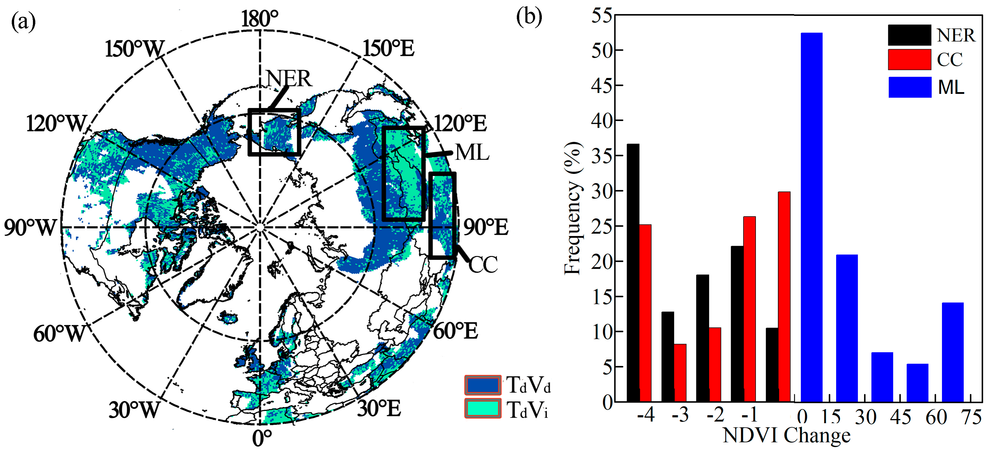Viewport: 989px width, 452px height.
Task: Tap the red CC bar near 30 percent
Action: pyautogui.click(x=784, y=296)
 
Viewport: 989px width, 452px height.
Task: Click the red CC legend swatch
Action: pyautogui.click(x=909, y=59)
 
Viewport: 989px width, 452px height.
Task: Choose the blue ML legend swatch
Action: pyautogui.click(x=910, y=87)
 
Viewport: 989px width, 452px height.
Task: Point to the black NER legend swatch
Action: pyautogui.click(x=909, y=35)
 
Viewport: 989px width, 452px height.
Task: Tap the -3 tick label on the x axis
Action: pyautogui.click(x=680, y=415)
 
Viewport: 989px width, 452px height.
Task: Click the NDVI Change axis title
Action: pyautogui.click(x=786, y=436)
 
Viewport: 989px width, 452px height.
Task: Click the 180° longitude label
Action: pyautogui.click(x=260, y=19)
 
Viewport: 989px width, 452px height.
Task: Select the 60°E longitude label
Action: pyautogui.click(x=455, y=331)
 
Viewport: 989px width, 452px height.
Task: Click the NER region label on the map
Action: pyautogui.click(x=289, y=78)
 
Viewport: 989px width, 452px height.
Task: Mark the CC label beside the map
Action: pyautogui.click(x=483, y=264)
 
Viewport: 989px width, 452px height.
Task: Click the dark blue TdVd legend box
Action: pyautogui.click(x=483, y=385)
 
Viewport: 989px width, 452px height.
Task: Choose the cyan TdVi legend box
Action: pyautogui.click(x=483, y=408)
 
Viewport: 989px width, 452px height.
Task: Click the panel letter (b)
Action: pyautogui.click(x=529, y=18)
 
